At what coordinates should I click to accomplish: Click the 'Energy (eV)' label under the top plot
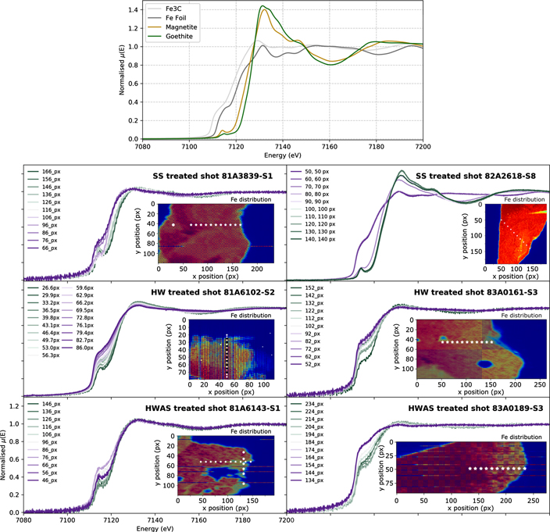coord(282,154)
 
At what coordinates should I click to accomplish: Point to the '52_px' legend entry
coord(314,364)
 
